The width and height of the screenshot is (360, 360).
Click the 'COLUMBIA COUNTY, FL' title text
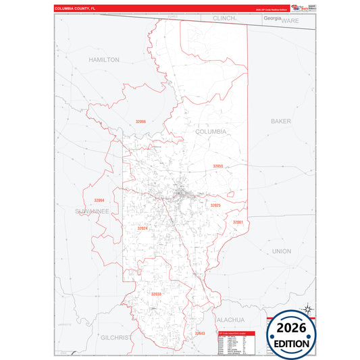(x=76, y=9)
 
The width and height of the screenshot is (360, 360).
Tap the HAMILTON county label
(x=103, y=59)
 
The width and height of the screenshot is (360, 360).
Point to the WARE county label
(x=290, y=21)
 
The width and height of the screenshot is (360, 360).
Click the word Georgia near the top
(x=272, y=18)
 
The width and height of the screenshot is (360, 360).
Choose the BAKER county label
(x=280, y=122)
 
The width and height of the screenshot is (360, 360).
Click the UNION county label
(x=281, y=251)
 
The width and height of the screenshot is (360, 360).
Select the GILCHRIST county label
(x=117, y=335)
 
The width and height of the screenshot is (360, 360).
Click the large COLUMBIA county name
(x=211, y=132)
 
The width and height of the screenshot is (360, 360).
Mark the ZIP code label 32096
(x=140, y=122)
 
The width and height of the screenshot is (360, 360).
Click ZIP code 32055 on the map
(x=217, y=165)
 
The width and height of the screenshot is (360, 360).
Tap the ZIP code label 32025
(x=215, y=205)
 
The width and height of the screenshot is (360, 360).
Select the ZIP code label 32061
(x=238, y=222)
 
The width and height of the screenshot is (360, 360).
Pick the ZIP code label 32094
(x=99, y=201)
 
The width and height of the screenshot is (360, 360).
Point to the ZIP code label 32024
(x=142, y=228)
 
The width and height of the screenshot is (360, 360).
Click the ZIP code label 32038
(x=156, y=294)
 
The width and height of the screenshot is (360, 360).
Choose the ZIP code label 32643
(x=200, y=333)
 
